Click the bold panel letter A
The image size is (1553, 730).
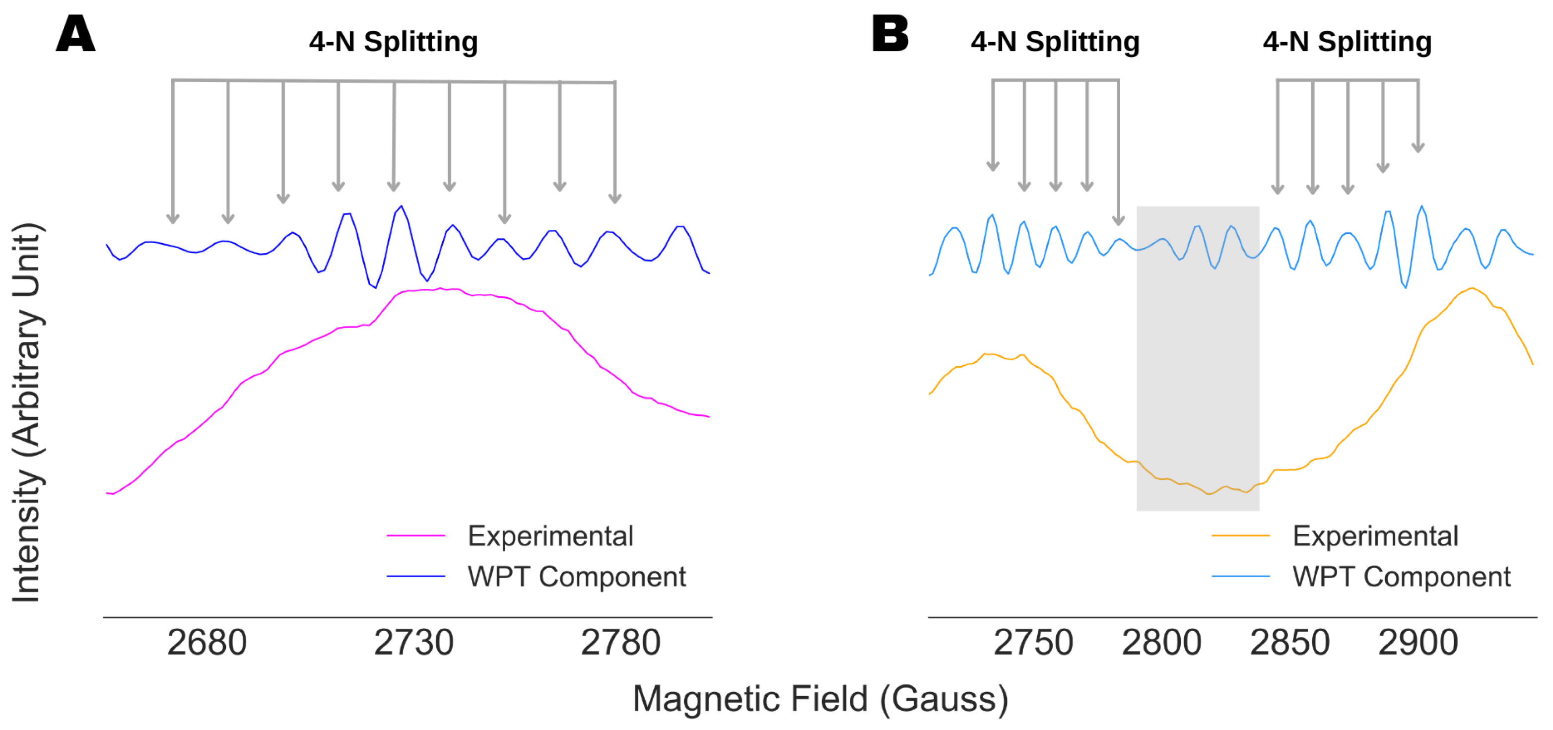coord(75,34)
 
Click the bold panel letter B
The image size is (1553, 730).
coord(890,34)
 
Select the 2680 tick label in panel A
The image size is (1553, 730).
coord(207,643)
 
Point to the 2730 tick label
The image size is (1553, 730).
coord(413,643)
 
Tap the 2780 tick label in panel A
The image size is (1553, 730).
coord(620,643)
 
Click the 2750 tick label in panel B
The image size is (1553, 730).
coord(1033,643)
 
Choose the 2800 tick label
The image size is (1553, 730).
coord(1161,643)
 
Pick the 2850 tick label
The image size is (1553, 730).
coord(1289,643)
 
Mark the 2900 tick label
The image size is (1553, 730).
coord(1418,643)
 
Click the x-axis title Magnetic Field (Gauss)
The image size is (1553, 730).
coord(820,699)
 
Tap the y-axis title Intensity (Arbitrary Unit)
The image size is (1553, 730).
coord(27,413)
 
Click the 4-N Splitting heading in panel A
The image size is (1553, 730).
coord(394,42)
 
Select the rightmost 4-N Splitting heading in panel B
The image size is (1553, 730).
coord(1348,42)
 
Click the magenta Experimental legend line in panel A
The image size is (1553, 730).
coord(416,535)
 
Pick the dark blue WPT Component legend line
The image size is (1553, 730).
coord(416,576)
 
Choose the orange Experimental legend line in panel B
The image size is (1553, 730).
coord(1241,535)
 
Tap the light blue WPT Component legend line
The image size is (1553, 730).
coord(1241,576)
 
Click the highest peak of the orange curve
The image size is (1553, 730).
coord(1472,289)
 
